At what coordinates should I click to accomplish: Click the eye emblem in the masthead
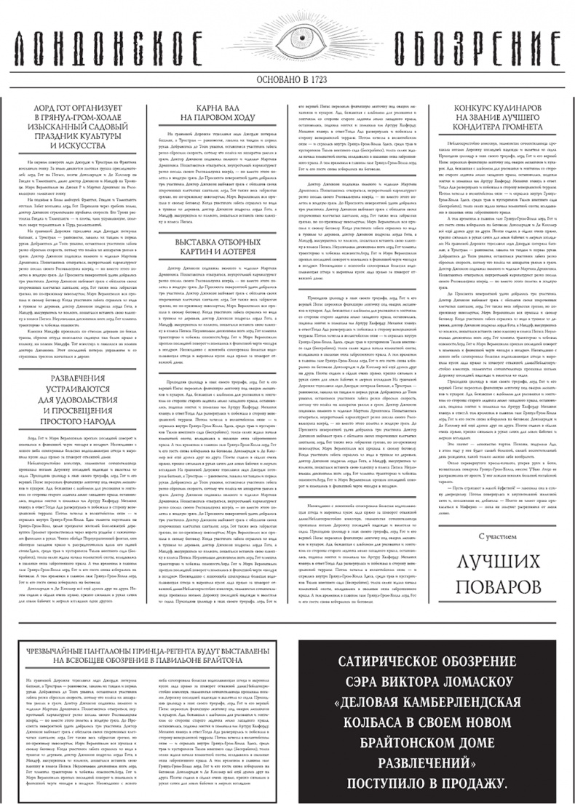287,39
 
